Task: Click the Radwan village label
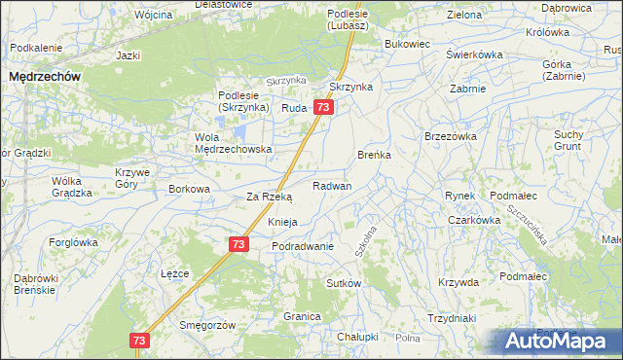point(332,186)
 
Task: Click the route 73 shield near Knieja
point(238,246)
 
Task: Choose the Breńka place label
point(374,155)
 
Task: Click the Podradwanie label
point(303,246)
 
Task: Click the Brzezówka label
point(450,137)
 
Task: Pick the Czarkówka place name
point(474,220)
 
